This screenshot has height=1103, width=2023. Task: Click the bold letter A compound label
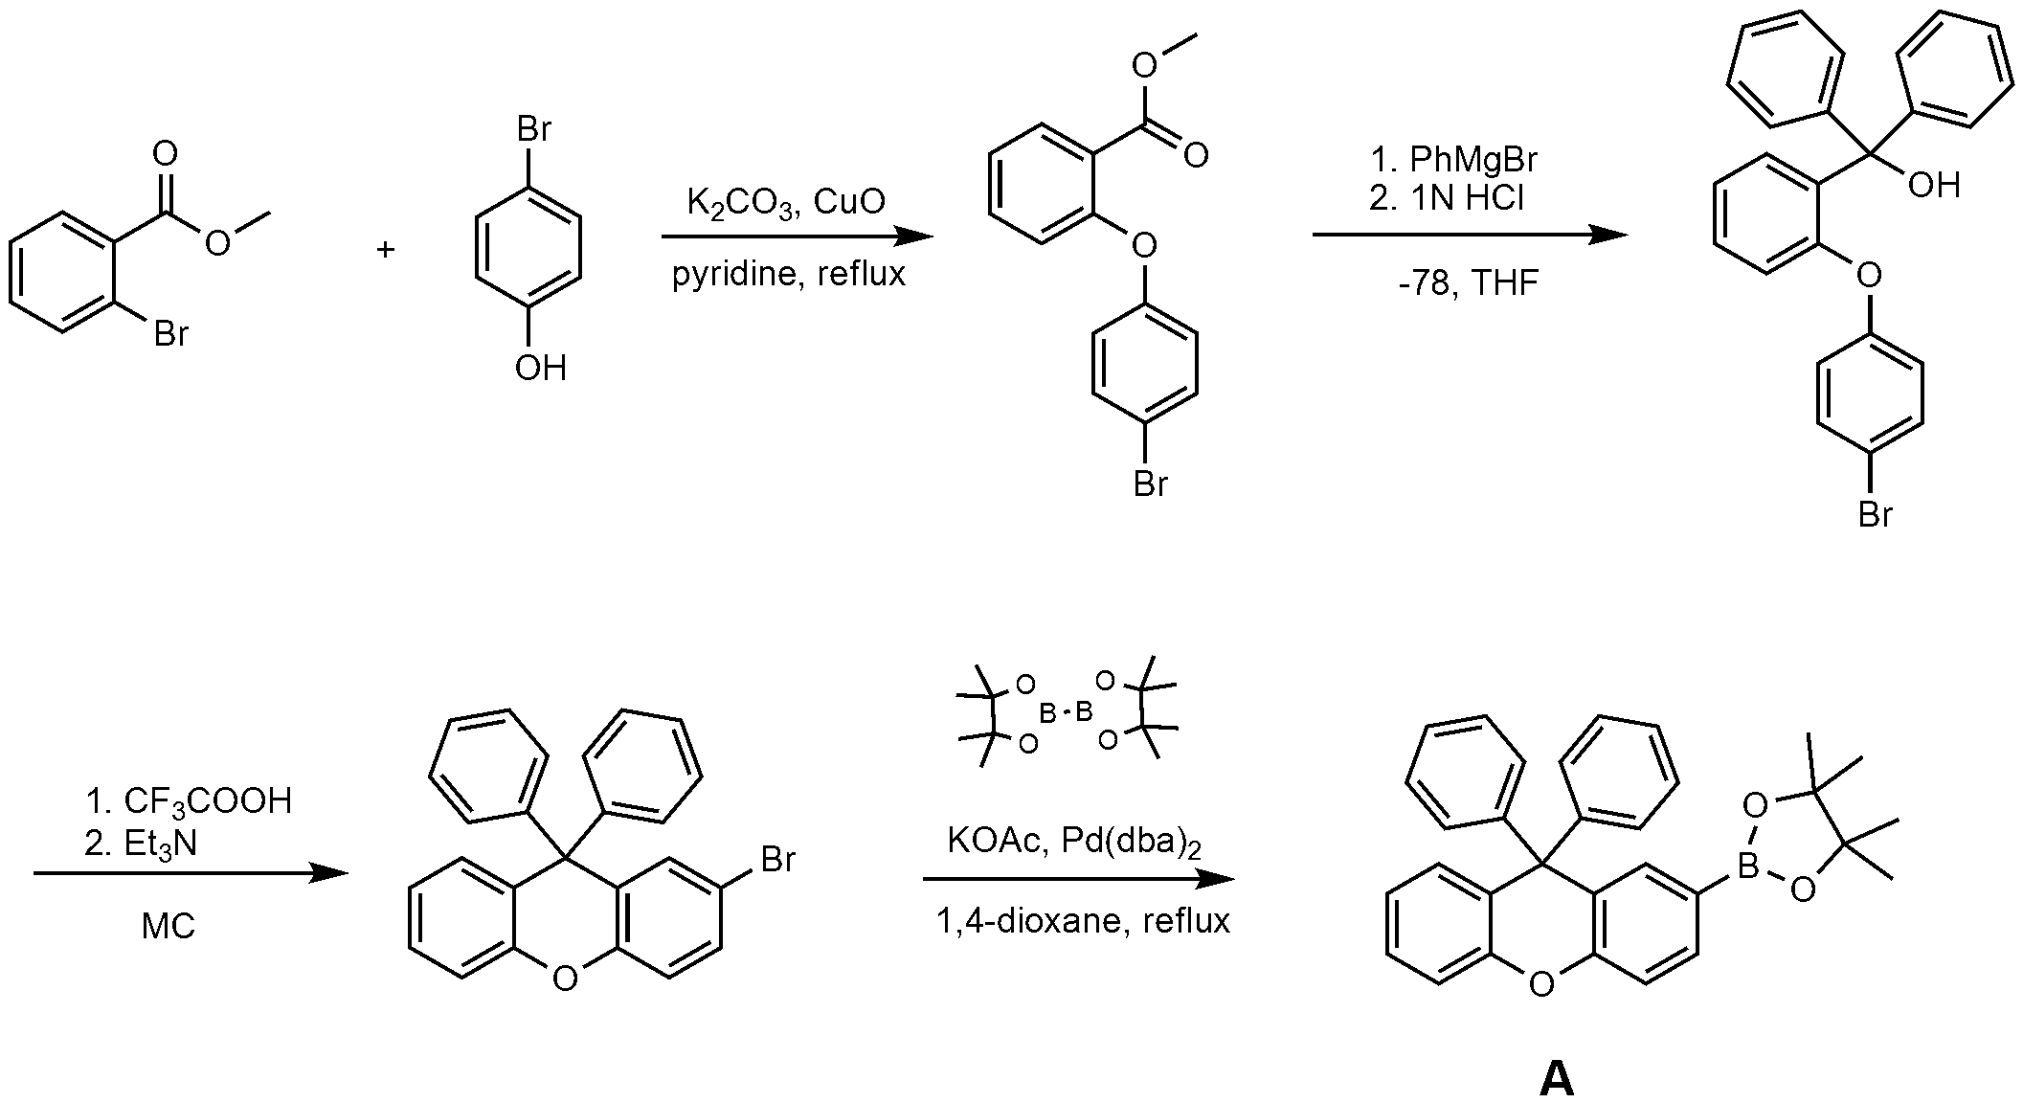pos(1557,1079)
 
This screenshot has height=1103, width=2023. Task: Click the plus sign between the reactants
pos(386,250)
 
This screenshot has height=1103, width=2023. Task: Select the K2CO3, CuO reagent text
pos(786,203)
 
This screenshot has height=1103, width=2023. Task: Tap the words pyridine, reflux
pos(788,275)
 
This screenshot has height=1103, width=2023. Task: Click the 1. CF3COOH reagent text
pos(189,801)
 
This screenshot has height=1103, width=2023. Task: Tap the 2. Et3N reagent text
pos(141,844)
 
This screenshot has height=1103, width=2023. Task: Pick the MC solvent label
pos(169,926)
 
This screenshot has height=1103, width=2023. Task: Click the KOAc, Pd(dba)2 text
pos(1074,842)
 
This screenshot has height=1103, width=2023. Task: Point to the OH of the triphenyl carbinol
pos(1934,185)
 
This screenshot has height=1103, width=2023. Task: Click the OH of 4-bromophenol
pos(541,369)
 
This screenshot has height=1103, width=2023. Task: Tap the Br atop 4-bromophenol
pos(533,129)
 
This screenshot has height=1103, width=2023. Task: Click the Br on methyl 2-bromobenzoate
pos(171,334)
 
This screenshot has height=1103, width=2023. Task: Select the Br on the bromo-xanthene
pos(777,859)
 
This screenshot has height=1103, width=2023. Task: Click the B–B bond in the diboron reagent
pos(1067,711)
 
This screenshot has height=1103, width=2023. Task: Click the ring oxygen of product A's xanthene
pos(1541,984)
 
